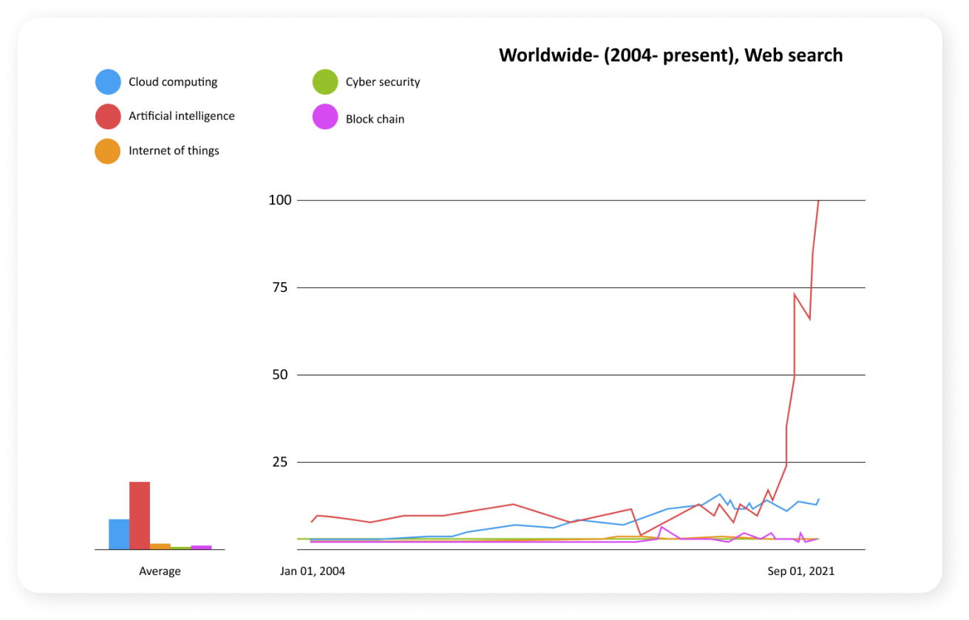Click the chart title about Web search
coord(670,55)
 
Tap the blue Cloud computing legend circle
coord(108,82)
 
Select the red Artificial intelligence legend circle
coord(108,116)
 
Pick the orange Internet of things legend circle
coord(108,151)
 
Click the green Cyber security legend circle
coord(325,82)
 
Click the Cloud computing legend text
coord(173,82)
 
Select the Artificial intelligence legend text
coord(182,116)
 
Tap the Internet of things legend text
coord(174,151)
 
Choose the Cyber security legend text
coord(383,82)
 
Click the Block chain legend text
coord(375,119)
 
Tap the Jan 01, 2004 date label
coord(313,571)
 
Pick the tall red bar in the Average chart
coord(140,515)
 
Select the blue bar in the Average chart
coord(119,534)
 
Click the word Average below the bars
coord(160,571)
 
